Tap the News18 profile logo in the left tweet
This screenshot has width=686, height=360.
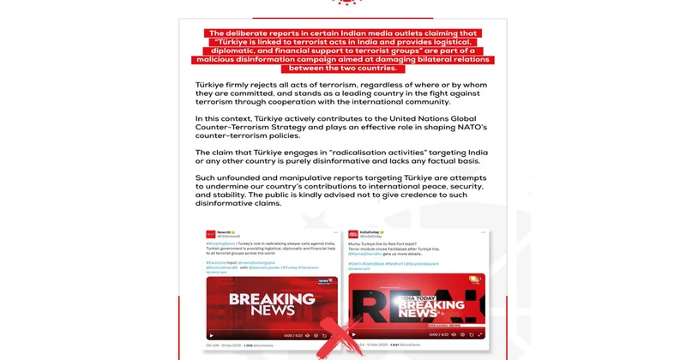(x=211, y=234)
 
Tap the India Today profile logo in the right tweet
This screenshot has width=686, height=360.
(x=353, y=234)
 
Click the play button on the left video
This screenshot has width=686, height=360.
(x=211, y=335)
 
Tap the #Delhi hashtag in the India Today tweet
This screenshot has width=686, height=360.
(x=353, y=262)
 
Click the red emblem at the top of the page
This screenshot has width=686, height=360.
(x=346, y=3)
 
